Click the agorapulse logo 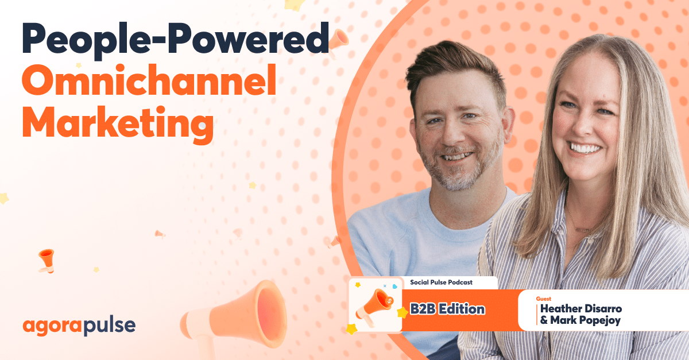tap(79, 326)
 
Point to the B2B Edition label tap(447, 309)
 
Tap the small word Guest tap(543, 299)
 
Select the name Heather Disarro tap(580, 309)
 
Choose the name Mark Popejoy tap(580, 320)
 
